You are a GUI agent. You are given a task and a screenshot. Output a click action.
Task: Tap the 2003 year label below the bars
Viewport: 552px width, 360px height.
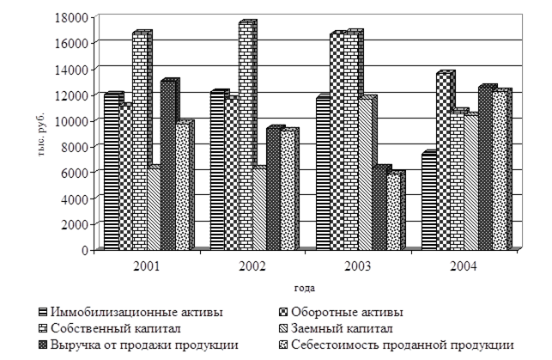(357, 265)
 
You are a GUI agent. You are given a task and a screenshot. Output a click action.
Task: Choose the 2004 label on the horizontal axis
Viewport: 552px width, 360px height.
(464, 265)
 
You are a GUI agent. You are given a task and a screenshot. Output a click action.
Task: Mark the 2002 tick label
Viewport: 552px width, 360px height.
(252, 265)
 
